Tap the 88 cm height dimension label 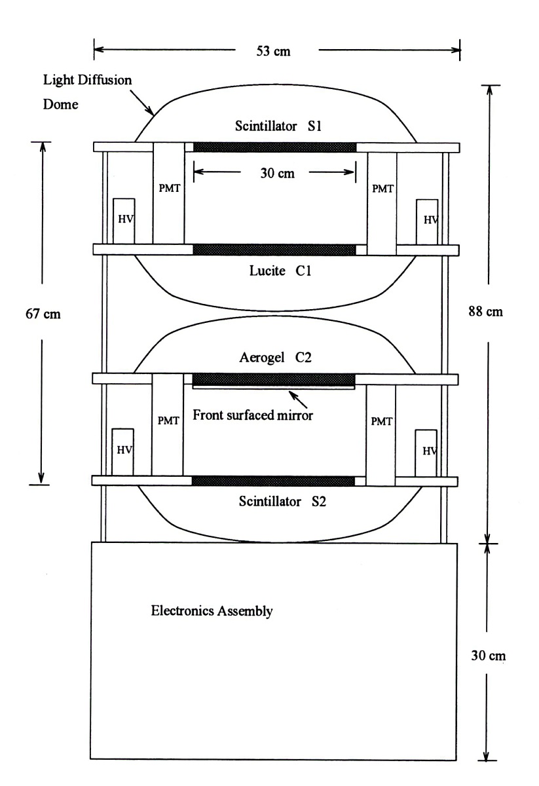(489, 311)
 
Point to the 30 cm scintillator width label (274, 174)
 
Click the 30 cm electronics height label (489, 654)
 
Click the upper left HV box (124, 221)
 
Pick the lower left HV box (122, 451)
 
